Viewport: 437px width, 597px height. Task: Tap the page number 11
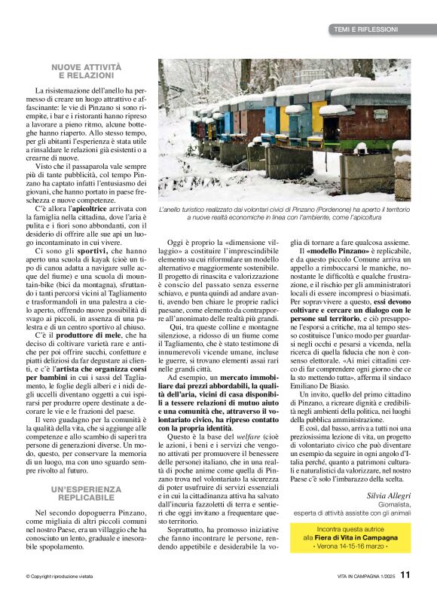click(x=405, y=575)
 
